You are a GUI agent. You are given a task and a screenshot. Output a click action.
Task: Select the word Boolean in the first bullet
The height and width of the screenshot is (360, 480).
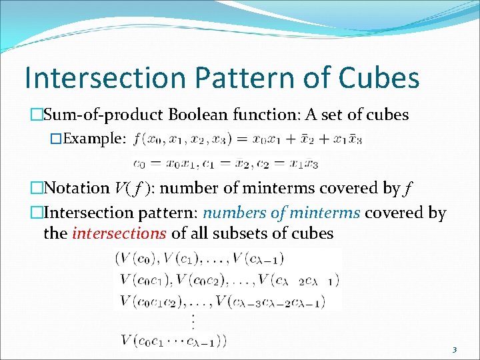pos(198,115)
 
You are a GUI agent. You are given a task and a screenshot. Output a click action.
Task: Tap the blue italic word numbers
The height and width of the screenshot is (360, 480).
pos(233,213)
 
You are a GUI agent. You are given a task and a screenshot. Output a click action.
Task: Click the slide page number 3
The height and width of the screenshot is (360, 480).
pos(454,350)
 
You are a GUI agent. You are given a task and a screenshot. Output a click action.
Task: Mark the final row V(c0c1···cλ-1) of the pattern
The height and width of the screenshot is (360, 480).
pos(173,341)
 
